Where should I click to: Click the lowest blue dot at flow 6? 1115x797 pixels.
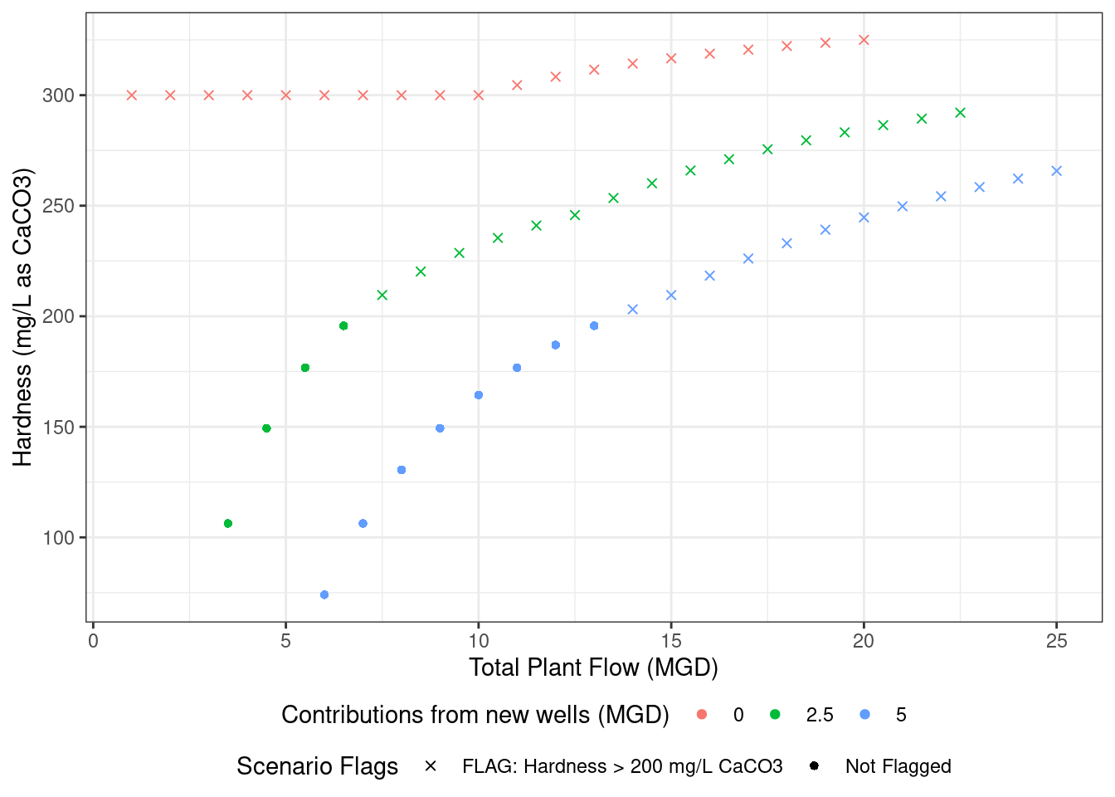click(324, 594)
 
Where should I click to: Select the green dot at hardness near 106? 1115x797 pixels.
click(228, 523)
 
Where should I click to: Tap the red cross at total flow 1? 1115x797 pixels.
click(132, 95)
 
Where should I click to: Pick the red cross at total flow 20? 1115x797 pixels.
click(864, 40)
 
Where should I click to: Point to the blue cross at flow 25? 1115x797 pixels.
click(1056, 171)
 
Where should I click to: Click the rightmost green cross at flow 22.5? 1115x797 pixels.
click(960, 113)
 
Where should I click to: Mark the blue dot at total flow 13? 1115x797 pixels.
click(594, 325)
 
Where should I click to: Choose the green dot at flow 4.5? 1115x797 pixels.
click(266, 428)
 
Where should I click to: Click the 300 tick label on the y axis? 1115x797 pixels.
click(58, 95)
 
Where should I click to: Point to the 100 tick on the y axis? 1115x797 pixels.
click(58, 538)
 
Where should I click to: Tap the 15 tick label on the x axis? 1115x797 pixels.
click(671, 640)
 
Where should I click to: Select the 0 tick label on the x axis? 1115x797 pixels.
click(93, 640)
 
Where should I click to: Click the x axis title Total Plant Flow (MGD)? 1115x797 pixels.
click(593, 667)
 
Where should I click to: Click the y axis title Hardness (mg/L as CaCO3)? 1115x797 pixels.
click(22, 317)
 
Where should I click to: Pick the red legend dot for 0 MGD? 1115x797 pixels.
click(702, 715)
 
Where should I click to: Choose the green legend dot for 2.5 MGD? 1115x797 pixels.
click(775, 715)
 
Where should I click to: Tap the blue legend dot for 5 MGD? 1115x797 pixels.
click(865, 715)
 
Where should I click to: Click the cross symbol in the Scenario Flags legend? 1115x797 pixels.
click(431, 766)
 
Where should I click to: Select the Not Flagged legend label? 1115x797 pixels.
click(898, 766)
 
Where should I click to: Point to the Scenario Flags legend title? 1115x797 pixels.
click(317, 766)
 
